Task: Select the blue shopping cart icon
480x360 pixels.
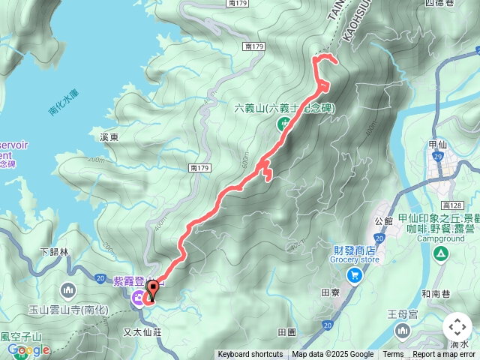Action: point(353,275)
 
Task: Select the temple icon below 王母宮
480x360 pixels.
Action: point(403,331)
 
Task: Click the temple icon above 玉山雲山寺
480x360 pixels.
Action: point(69,289)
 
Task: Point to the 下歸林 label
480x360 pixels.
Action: point(53,252)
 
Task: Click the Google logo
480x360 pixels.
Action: point(28,350)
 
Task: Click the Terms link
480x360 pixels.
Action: point(393,355)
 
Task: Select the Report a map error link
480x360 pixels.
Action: point(444,355)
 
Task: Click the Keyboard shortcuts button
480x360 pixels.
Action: point(250,355)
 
